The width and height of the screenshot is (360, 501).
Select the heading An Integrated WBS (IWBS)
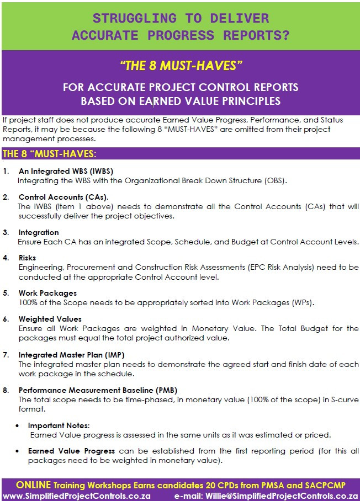point(66,171)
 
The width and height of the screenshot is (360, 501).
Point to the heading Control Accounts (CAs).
point(63,197)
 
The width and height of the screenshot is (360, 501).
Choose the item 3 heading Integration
point(38,232)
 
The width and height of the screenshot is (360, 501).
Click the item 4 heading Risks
point(27,258)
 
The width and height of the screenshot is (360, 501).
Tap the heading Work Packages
point(47,293)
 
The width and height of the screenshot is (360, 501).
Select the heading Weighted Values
point(50,319)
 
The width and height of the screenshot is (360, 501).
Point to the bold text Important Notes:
point(59,425)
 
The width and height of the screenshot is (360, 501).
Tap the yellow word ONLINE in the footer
point(33,485)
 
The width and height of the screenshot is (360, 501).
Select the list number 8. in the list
point(6,390)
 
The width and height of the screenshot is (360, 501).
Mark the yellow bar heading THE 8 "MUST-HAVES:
point(50,153)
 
